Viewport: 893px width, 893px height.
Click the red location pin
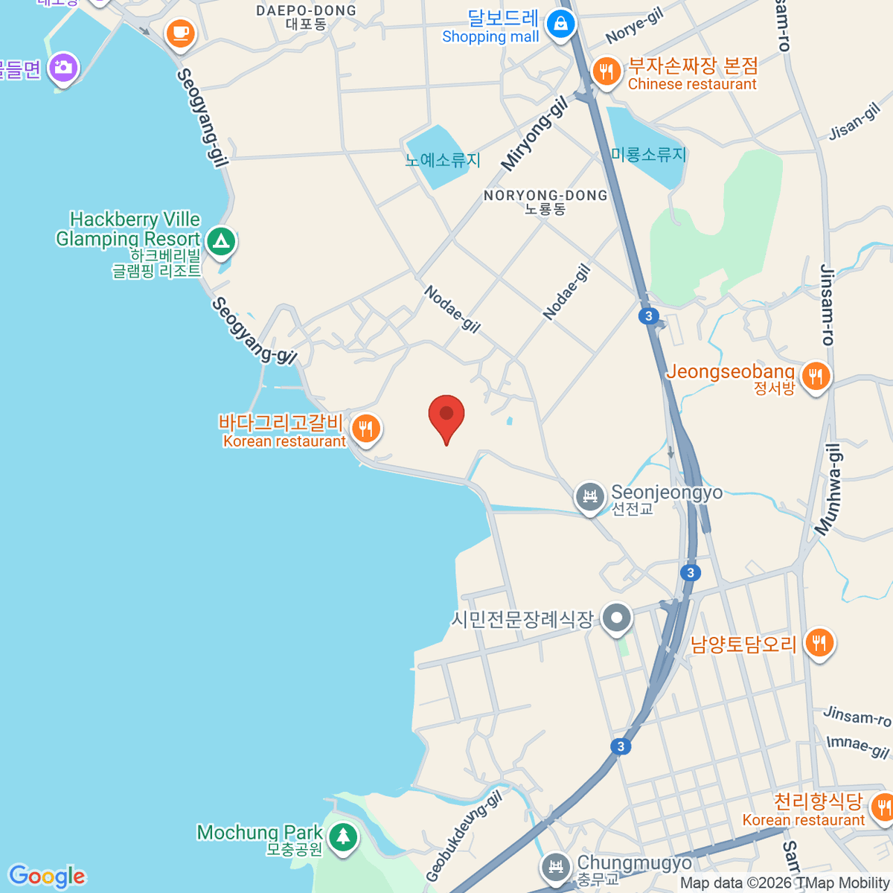[x=446, y=415]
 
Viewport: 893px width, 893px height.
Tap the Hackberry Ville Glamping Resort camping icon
[x=220, y=241]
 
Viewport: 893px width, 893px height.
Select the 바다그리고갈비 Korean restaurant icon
[x=365, y=429]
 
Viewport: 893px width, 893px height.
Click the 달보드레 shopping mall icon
[x=560, y=25]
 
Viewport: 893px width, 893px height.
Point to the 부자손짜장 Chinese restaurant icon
[x=606, y=72]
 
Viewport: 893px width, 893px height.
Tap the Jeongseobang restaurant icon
[x=816, y=377]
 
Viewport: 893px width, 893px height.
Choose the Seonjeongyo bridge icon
[x=589, y=495]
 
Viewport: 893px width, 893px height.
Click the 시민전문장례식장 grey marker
[x=616, y=618]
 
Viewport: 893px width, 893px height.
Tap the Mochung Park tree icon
[x=342, y=837]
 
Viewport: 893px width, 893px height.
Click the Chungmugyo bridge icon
[x=554, y=866]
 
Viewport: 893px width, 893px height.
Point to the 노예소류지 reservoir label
[x=443, y=160]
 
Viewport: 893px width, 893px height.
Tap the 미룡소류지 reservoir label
[x=648, y=155]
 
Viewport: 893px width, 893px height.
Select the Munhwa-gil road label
[x=828, y=489]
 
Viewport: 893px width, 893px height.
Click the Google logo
[x=47, y=876]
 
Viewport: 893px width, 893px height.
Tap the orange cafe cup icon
[x=180, y=33]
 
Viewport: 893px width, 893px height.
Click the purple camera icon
[x=63, y=68]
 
